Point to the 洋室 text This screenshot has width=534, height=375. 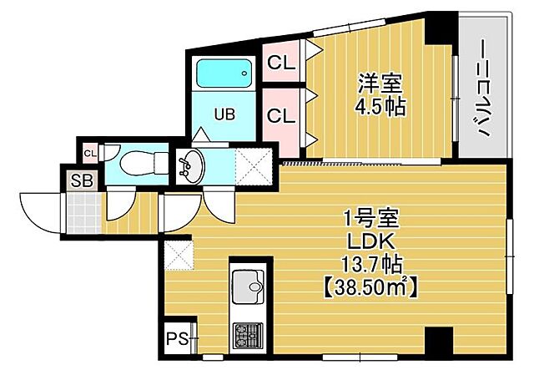380,84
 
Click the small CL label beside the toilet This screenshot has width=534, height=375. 89,152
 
